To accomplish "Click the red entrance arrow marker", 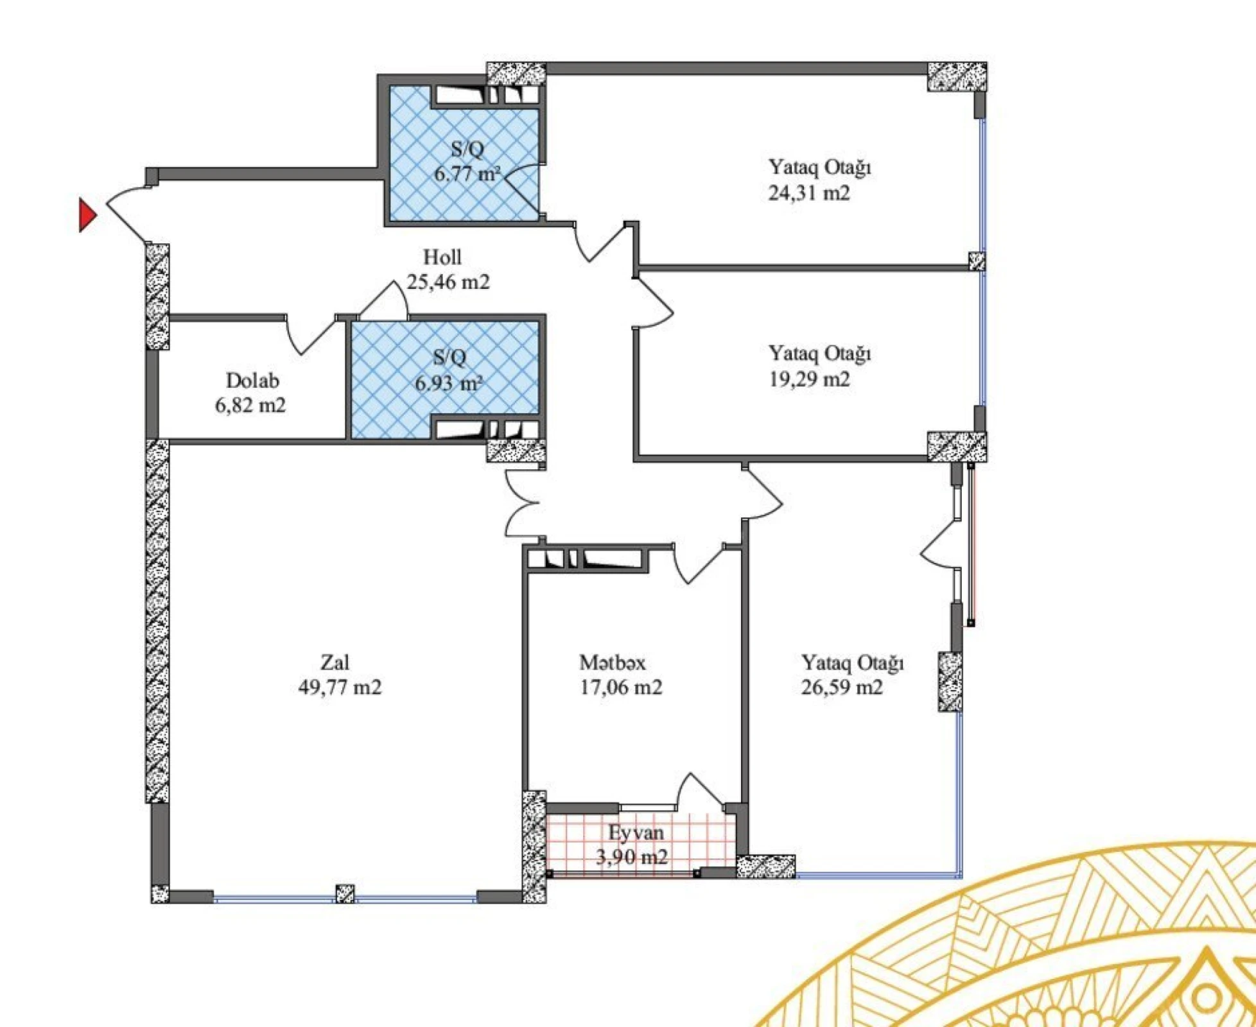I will click(x=87, y=215).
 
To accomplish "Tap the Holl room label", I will click(x=442, y=257).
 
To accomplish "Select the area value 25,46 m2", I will click(x=448, y=282).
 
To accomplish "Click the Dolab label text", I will click(x=252, y=381).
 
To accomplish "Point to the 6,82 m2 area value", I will click(x=250, y=406).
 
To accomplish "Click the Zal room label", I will click(x=335, y=662).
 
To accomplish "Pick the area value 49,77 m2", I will click(x=340, y=687).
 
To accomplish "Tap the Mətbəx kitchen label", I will click(x=612, y=662).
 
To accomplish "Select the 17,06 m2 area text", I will click(x=620, y=687).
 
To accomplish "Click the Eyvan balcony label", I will click(x=636, y=833).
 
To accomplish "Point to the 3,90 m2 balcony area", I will click(x=632, y=857).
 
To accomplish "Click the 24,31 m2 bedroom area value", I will click(x=809, y=193).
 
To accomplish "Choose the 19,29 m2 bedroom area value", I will click(x=809, y=379).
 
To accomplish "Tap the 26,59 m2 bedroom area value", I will click(x=841, y=687).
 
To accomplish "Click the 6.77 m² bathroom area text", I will click(x=467, y=174).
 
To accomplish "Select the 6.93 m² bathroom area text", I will click(x=448, y=384).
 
